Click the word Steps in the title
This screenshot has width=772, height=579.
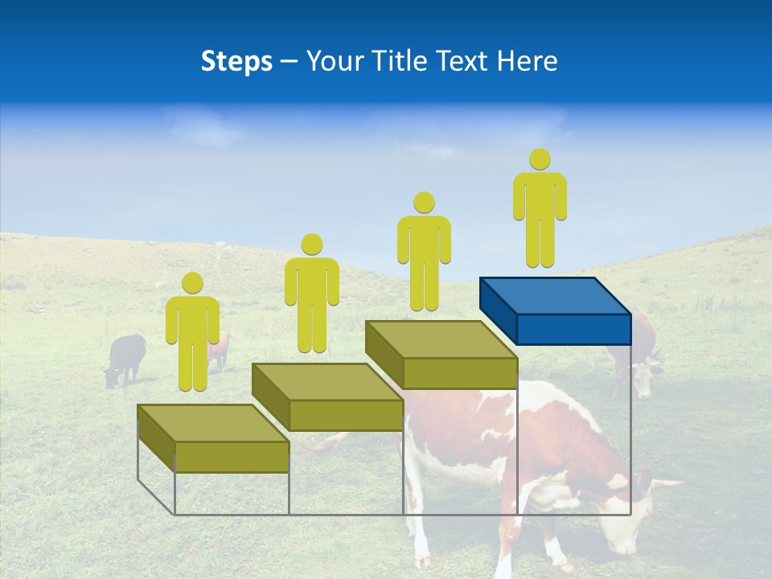tap(236, 61)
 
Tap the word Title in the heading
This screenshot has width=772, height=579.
tap(399, 61)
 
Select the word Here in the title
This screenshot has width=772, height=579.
tap(526, 61)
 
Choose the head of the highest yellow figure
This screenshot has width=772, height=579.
tap(540, 159)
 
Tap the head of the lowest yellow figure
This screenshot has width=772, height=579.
tap(192, 283)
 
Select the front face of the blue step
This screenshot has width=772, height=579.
tap(573, 329)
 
